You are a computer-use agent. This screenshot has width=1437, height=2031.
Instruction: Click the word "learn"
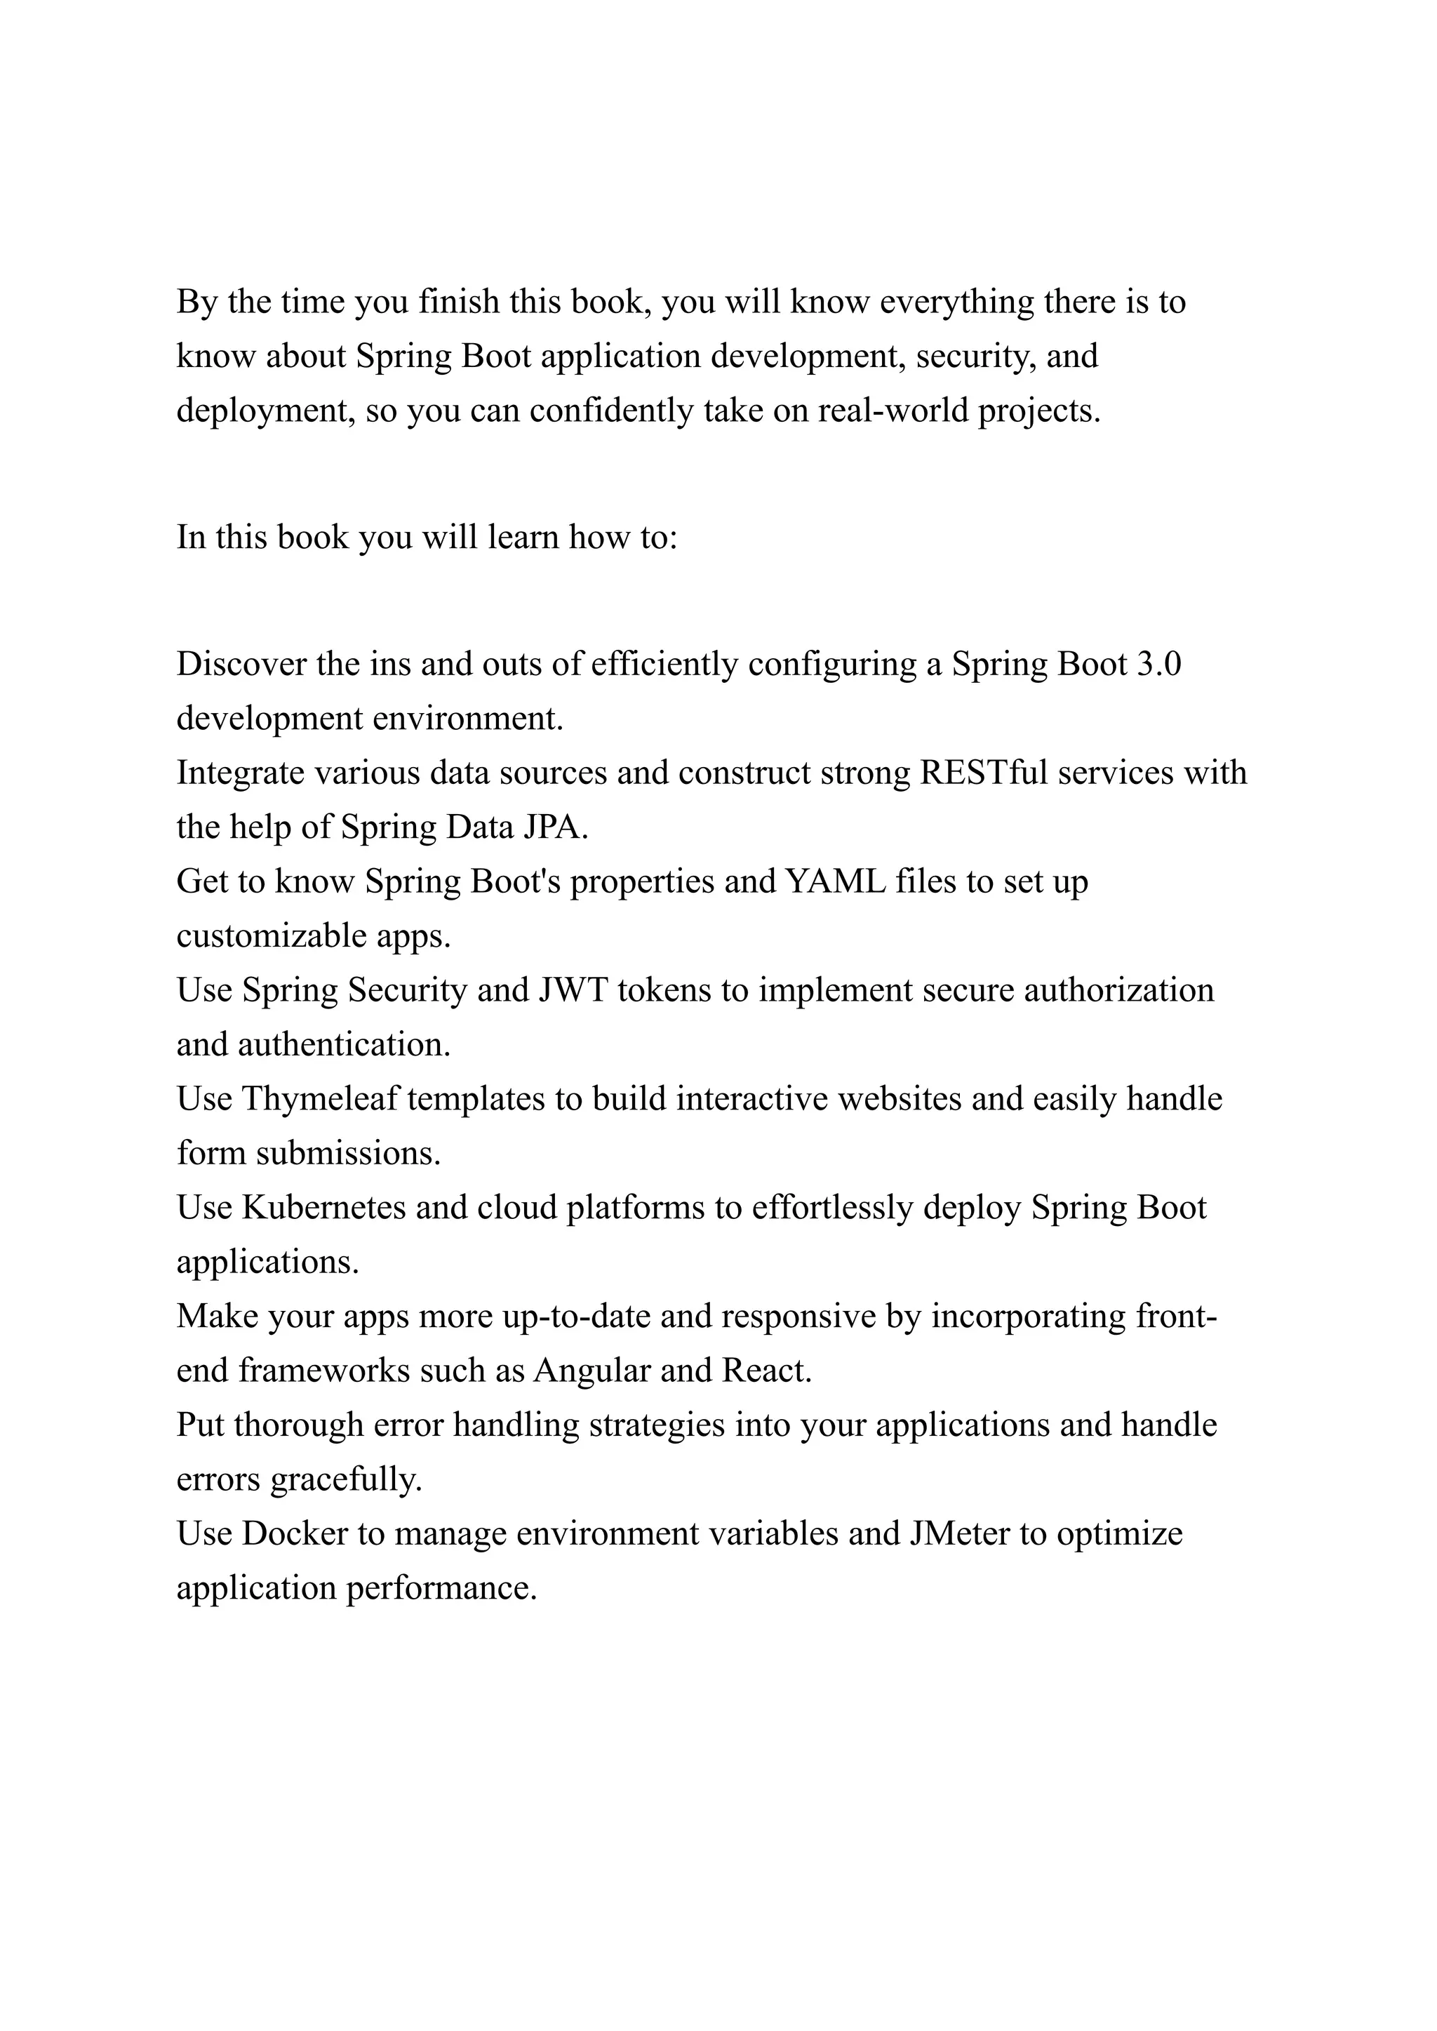523,537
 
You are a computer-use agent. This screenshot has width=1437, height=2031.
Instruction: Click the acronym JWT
573,990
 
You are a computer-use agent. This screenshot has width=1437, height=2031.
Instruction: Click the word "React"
766,1371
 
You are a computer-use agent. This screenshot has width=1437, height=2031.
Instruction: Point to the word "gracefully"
346,1479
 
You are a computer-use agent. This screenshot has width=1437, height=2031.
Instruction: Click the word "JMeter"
959,1533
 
